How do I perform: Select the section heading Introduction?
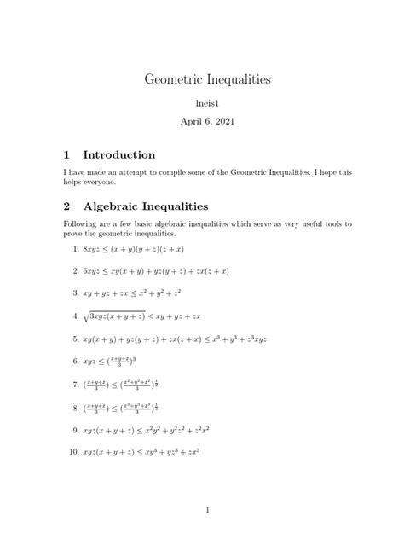coord(119,155)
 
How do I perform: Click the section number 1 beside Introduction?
coord(67,155)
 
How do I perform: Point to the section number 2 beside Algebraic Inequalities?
coord(67,206)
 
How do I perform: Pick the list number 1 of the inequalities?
coord(76,249)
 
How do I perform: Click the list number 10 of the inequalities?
coord(74,451)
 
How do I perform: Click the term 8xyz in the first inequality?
coord(93,249)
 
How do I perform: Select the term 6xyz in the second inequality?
coord(93,271)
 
